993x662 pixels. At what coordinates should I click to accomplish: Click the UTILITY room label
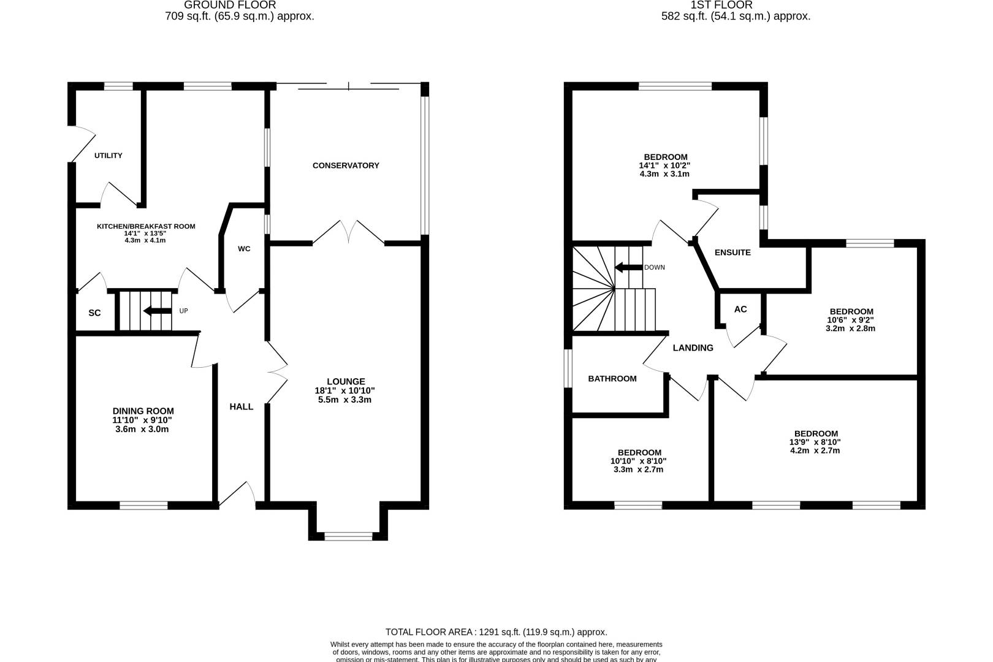pyautogui.click(x=108, y=156)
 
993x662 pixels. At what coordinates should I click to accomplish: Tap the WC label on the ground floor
pyautogui.click(x=244, y=249)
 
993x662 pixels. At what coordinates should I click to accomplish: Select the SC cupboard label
pyautogui.click(x=94, y=313)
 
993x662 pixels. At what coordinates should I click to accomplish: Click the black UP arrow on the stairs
pyautogui.click(x=157, y=311)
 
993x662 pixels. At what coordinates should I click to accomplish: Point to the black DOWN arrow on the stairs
pyautogui.click(x=628, y=267)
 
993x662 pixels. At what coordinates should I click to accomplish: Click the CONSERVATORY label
pyautogui.click(x=346, y=165)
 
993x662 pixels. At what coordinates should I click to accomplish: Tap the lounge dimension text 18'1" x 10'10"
pyautogui.click(x=346, y=390)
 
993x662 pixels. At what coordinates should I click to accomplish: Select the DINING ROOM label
pyautogui.click(x=143, y=411)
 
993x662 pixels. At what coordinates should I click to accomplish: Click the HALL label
pyautogui.click(x=241, y=407)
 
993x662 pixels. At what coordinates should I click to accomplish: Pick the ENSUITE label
pyautogui.click(x=732, y=253)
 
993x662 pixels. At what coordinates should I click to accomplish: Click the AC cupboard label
pyautogui.click(x=740, y=310)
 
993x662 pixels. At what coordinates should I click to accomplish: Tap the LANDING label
pyautogui.click(x=693, y=348)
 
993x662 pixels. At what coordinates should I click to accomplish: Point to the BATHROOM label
pyautogui.click(x=612, y=379)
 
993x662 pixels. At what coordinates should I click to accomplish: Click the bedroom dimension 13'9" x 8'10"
pyautogui.click(x=815, y=442)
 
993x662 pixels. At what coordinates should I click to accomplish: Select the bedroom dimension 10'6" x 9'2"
pyautogui.click(x=850, y=320)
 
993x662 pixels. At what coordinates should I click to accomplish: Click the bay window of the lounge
pyautogui.click(x=348, y=536)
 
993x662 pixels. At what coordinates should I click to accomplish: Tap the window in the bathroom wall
pyautogui.click(x=568, y=369)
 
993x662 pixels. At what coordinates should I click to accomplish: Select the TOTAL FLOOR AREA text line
pyautogui.click(x=496, y=632)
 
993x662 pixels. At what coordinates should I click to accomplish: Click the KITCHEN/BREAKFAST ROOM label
pyautogui.click(x=146, y=226)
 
